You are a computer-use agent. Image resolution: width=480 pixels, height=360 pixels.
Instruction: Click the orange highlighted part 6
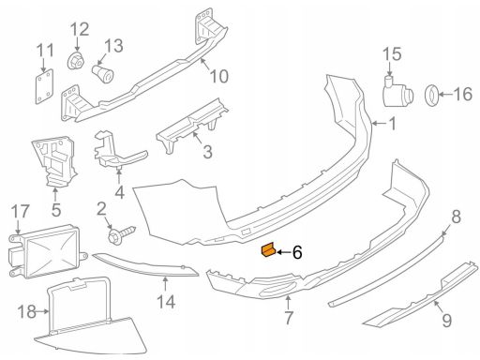[268, 249]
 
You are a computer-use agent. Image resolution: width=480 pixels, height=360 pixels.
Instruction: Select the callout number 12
[80, 29]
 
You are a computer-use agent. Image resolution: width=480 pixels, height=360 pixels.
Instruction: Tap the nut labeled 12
[76, 61]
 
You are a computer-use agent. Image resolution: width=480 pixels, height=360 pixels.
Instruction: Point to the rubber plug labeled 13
[102, 74]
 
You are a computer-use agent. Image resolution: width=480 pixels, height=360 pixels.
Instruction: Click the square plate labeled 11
[44, 86]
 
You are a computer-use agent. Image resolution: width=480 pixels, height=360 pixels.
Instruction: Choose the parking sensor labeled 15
[397, 91]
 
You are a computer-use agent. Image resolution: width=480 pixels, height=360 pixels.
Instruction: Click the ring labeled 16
[432, 94]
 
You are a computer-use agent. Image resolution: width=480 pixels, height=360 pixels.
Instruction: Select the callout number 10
[219, 76]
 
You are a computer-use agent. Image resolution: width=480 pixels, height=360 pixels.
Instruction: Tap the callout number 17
[21, 212]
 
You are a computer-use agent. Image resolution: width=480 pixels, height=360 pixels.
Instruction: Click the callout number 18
[27, 312]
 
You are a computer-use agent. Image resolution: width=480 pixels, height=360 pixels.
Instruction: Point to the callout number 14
[166, 302]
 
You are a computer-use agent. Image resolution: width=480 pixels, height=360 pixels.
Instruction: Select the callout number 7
[288, 318]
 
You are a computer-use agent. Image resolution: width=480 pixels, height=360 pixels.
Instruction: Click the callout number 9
[447, 321]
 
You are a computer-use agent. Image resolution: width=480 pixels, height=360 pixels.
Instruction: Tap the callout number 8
[457, 217]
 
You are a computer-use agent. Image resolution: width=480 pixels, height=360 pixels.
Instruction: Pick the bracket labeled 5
[54, 161]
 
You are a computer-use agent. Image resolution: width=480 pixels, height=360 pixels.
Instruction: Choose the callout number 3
[207, 152]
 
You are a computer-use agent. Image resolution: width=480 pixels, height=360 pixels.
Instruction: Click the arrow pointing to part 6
[282, 252]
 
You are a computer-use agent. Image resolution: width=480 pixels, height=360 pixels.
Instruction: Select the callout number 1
[392, 124]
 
